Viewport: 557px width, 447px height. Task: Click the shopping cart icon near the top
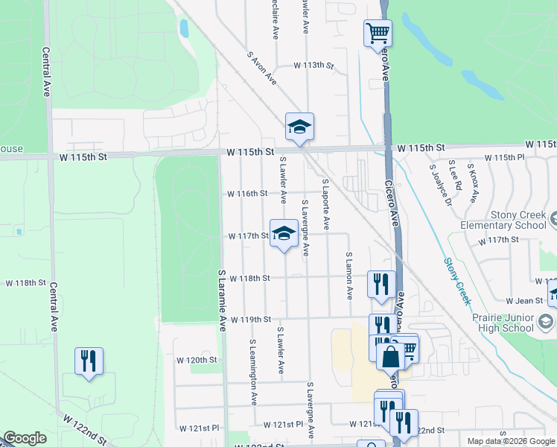coord(378,33)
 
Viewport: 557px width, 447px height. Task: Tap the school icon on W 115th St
coord(299,127)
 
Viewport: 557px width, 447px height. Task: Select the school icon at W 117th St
coord(283,234)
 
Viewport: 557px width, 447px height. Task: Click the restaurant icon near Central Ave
coord(89,361)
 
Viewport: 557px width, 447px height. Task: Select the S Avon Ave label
coord(262,67)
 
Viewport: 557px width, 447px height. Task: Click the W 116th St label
coord(247,194)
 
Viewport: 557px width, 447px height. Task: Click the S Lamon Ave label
coord(348,276)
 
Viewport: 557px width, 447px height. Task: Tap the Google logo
coord(25,438)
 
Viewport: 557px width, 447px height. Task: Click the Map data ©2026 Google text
coord(511,441)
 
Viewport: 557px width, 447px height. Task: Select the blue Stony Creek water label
coord(457,281)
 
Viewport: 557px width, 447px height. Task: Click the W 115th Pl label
coord(510,158)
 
